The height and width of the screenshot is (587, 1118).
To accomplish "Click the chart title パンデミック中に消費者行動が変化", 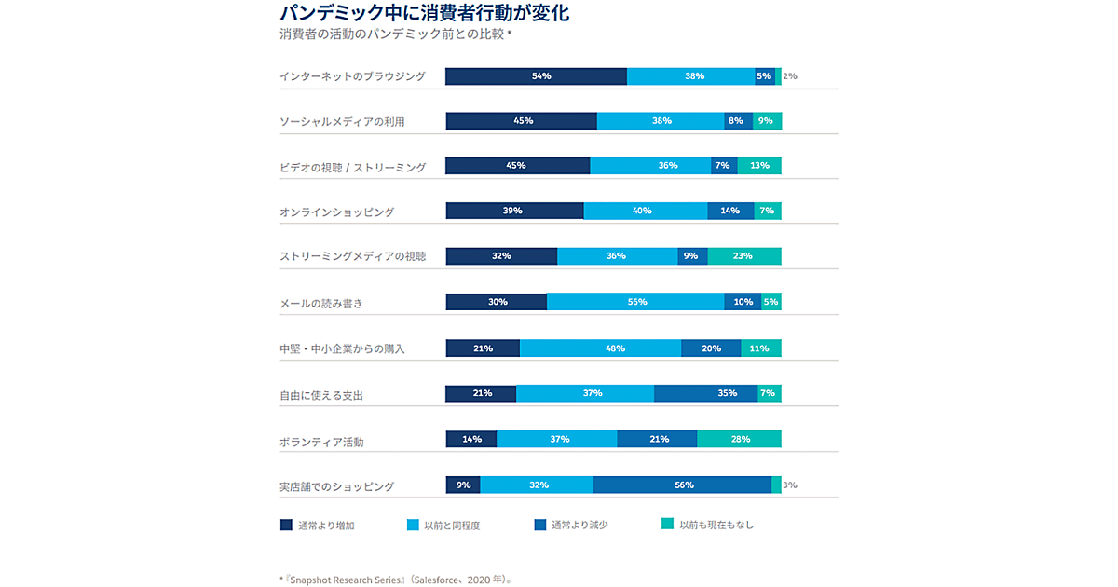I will (x=424, y=13).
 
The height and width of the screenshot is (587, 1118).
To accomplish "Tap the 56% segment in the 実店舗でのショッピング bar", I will (x=683, y=485).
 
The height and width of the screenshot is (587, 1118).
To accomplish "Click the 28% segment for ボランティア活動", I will (x=740, y=439).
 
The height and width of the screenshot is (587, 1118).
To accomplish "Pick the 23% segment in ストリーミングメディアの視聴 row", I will (x=744, y=256).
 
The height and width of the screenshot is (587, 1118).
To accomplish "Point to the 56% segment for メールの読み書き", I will (x=635, y=302).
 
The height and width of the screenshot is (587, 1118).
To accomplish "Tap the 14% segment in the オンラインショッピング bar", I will (x=730, y=211).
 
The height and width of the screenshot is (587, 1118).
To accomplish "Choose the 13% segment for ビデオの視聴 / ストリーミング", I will (x=759, y=166).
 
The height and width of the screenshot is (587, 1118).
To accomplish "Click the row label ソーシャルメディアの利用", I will (x=342, y=121).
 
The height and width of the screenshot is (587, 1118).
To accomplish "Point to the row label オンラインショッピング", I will (x=336, y=212).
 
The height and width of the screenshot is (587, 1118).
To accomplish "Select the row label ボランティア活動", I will (x=321, y=442).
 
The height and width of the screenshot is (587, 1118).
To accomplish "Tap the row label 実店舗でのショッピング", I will (x=336, y=486).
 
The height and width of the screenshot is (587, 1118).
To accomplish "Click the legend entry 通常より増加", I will (x=317, y=526).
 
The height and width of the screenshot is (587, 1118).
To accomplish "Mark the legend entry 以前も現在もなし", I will (x=707, y=525).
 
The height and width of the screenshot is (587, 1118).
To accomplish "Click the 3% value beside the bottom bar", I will (x=789, y=485).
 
